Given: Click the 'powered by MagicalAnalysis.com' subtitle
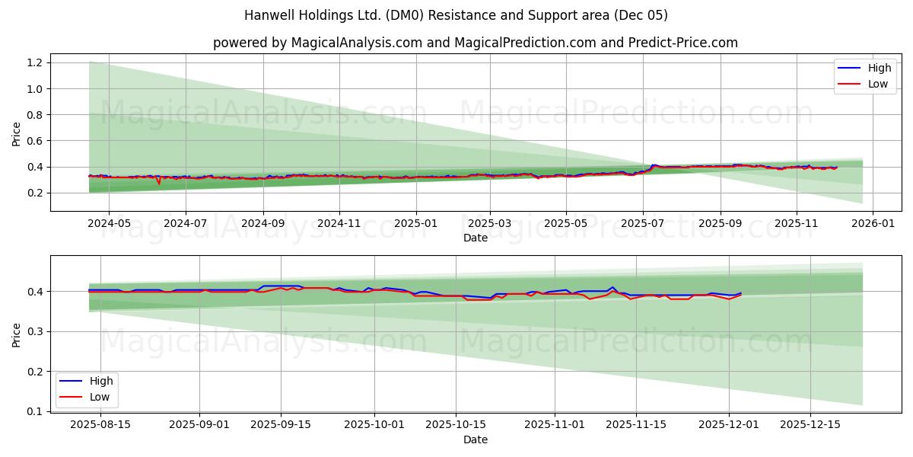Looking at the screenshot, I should click(x=475, y=43).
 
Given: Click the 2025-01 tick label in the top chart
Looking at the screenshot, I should click(x=415, y=225).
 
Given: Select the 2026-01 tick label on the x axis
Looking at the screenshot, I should click(x=872, y=225).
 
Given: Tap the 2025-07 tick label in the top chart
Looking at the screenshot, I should click(x=643, y=225).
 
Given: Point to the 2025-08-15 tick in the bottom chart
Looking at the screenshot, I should click(x=100, y=425).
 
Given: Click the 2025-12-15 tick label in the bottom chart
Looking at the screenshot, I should click(x=810, y=425).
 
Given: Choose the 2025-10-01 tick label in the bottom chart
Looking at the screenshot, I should click(x=374, y=425).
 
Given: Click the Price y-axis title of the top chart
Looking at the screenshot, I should click(x=17, y=133).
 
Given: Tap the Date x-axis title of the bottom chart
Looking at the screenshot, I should click(x=475, y=439).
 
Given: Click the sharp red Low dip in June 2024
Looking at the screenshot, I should click(x=159, y=184).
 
